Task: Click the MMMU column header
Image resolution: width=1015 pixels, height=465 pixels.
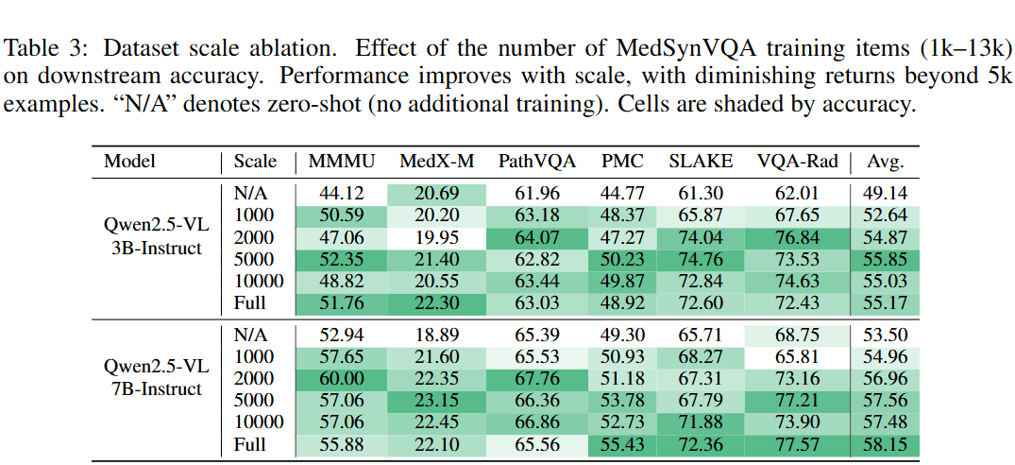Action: point(342,162)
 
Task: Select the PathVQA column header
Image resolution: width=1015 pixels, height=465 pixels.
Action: point(536,162)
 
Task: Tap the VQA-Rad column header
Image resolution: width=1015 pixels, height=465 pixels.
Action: point(797,162)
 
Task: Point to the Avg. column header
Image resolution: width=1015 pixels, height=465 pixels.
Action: point(885,162)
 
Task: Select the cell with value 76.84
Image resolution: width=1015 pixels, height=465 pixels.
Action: point(797,236)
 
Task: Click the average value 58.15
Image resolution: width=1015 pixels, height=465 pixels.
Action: point(885,444)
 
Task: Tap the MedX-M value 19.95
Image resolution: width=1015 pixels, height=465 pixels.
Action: point(435,236)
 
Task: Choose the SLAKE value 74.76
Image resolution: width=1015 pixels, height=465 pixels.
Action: point(700,258)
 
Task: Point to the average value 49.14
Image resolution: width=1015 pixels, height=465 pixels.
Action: point(885,192)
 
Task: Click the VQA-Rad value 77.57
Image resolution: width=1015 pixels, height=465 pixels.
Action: point(797,444)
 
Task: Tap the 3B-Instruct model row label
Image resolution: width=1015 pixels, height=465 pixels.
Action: point(154,248)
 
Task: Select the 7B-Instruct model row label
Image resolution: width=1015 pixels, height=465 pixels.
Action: point(154,389)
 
